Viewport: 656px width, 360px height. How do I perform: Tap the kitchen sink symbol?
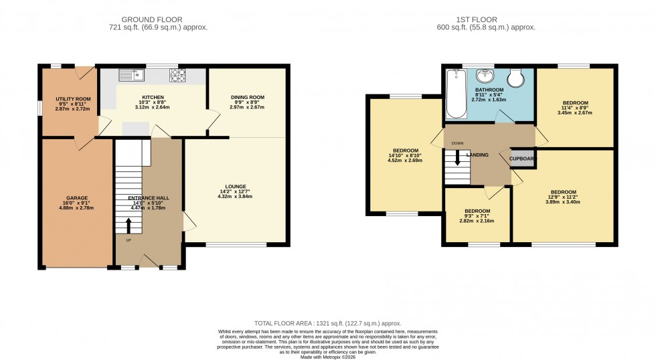(x=127, y=76)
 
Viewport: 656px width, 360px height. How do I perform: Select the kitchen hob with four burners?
(x=178, y=76)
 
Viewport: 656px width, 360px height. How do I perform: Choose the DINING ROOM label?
(x=247, y=97)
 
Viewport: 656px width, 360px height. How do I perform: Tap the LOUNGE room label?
(x=236, y=186)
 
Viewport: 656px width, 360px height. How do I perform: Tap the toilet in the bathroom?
(x=517, y=79)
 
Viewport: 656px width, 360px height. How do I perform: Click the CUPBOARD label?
(x=522, y=159)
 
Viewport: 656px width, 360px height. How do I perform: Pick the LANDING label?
(x=477, y=155)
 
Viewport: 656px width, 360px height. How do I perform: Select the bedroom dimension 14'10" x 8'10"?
(x=406, y=155)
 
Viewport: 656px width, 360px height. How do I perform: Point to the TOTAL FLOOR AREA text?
(x=328, y=323)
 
